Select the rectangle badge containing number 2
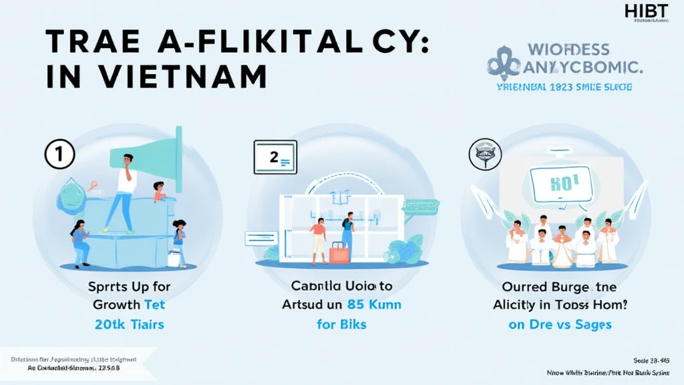275,158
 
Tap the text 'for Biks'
341,326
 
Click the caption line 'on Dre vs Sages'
560,326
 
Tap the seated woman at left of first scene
79,242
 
